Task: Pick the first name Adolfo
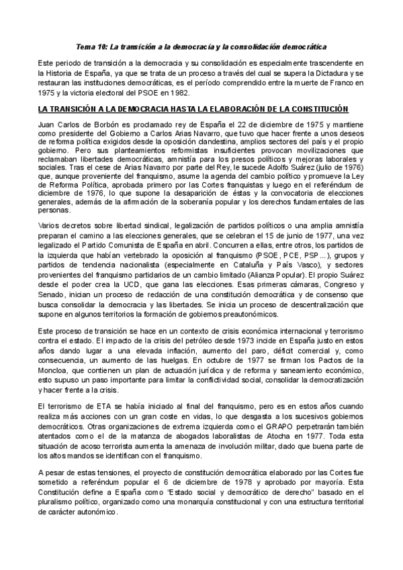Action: click(x=294, y=169)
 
